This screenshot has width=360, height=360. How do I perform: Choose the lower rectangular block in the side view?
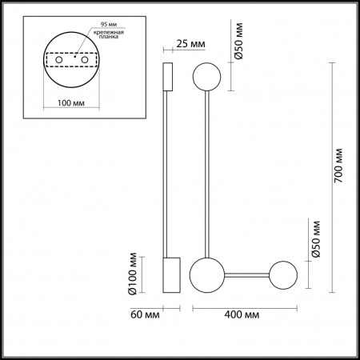[171, 275]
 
